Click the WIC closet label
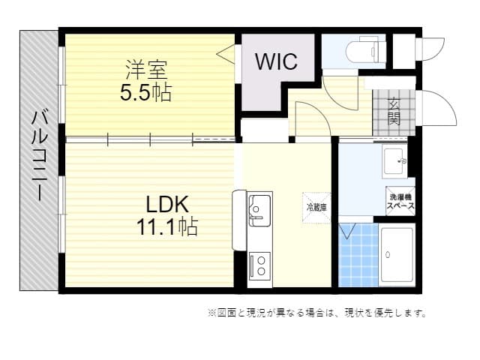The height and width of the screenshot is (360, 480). (277, 61)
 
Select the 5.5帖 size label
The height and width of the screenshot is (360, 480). (145, 92)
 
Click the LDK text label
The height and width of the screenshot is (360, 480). (167, 205)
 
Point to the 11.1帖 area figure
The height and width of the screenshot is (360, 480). (167, 226)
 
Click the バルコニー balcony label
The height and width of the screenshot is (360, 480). (40, 155)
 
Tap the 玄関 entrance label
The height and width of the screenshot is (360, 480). (394, 112)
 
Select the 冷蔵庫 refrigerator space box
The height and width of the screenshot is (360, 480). (316, 208)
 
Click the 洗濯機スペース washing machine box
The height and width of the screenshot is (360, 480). (400, 201)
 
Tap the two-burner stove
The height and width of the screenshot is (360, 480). (259, 267)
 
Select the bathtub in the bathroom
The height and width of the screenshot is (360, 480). (397, 255)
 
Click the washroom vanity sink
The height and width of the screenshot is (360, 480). (394, 161)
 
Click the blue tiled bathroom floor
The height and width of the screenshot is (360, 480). (358, 255)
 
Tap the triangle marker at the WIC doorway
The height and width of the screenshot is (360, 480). (226, 54)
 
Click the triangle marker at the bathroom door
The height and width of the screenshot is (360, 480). (347, 231)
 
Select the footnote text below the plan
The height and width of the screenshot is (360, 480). (317, 313)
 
